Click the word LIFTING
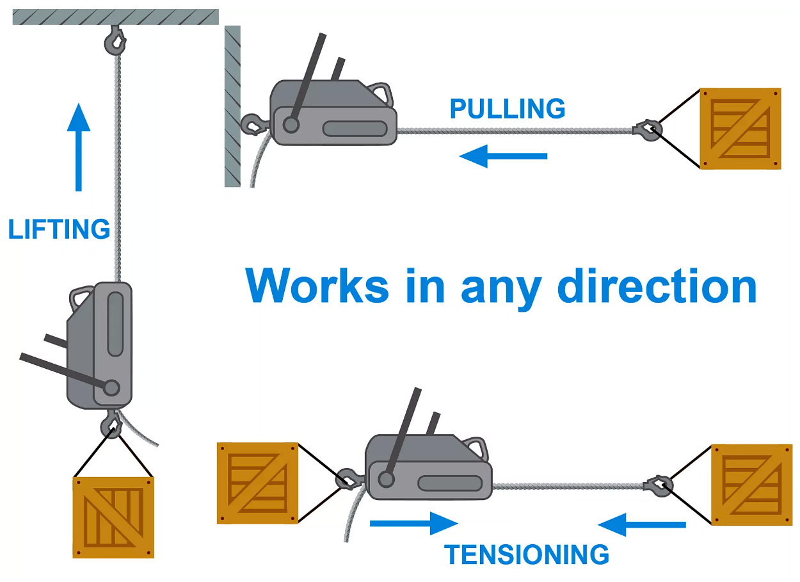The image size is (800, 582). tap(59, 229)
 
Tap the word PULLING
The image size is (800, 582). tap(508, 109)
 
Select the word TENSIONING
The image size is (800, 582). tap(527, 554)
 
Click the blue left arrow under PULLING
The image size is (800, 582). tap(504, 156)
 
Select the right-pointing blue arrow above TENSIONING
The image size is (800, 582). tap(413, 523)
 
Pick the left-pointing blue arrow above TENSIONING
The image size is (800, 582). tap(642, 525)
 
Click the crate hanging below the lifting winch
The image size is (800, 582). tap(113, 517)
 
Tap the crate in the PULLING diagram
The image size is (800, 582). tap(740, 128)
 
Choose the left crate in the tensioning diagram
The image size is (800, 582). tap(257, 483)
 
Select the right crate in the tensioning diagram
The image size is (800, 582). tap(751, 485)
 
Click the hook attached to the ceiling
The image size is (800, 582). tap(115, 41)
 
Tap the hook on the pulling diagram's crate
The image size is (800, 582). tap(648, 130)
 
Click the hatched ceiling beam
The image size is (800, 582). tap(115, 17)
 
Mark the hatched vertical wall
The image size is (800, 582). tap(232, 106)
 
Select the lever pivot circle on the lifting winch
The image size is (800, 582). tap(111, 388)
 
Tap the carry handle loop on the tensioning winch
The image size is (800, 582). tap(474, 445)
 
